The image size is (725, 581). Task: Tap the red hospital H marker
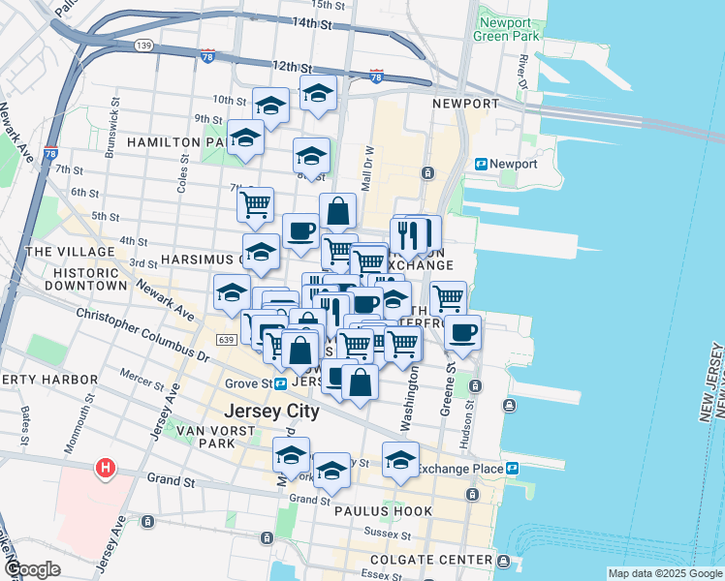tap(105, 470)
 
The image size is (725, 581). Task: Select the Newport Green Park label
tap(505, 29)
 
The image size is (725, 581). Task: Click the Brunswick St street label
tap(115, 116)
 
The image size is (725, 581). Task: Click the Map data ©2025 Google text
tap(664, 573)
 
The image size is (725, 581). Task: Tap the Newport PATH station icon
tap(480, 164)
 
